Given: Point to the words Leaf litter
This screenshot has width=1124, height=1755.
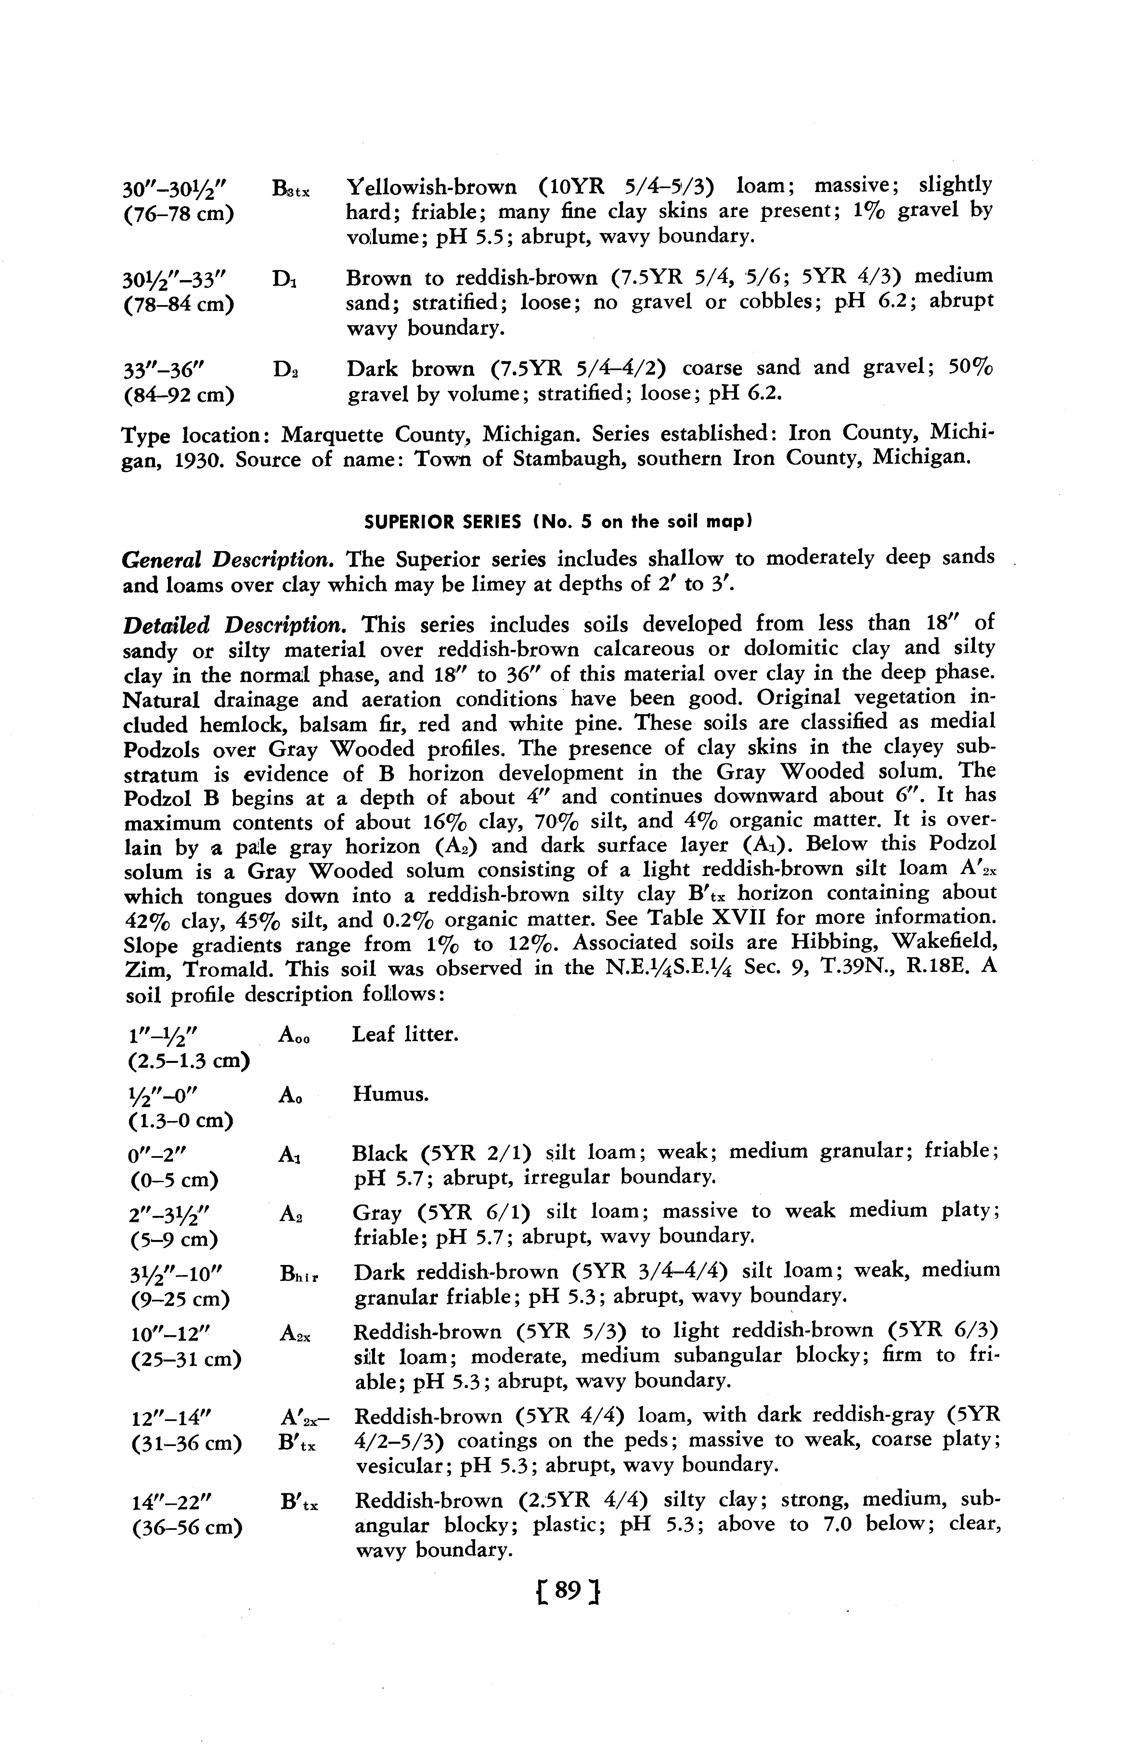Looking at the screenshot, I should (405, 1034).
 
